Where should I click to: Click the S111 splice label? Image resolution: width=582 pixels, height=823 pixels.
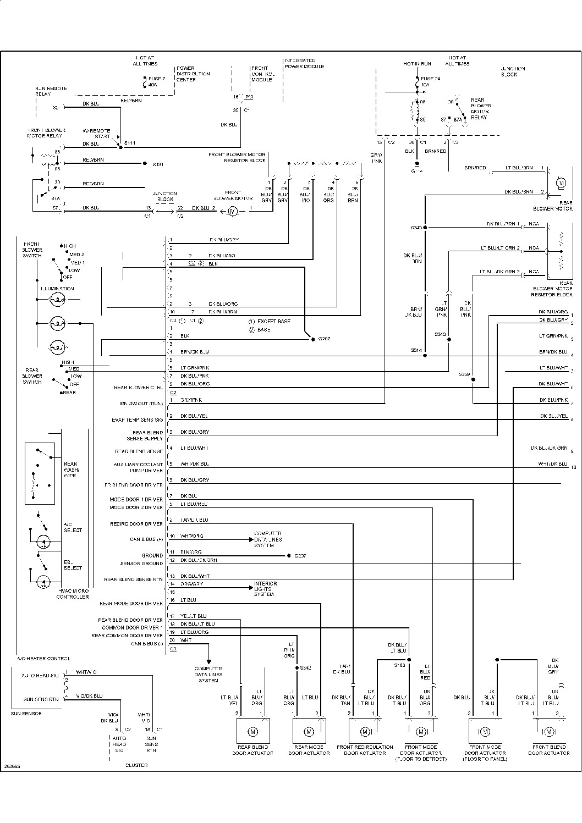pos(130,143)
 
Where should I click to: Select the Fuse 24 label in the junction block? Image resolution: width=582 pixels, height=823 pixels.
pos(430,82)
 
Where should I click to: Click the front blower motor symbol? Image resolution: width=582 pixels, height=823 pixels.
pos(232,211)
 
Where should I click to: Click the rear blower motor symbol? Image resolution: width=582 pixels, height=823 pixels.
pos(562,182)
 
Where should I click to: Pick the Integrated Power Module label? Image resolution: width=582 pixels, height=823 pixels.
pos(304,63)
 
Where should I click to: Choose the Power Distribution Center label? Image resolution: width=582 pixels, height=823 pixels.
pos(193,74)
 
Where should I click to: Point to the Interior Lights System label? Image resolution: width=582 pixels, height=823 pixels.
pos(265,589)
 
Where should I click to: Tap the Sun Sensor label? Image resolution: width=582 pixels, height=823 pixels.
pos(26,713)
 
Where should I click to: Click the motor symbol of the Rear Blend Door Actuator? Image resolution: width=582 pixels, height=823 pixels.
pos(253,731)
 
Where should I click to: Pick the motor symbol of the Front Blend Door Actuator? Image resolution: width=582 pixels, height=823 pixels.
pos(549,731)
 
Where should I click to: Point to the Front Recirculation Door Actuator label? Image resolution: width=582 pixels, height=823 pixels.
pos(365,750)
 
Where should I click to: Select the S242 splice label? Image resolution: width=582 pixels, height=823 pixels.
pos(305,668)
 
